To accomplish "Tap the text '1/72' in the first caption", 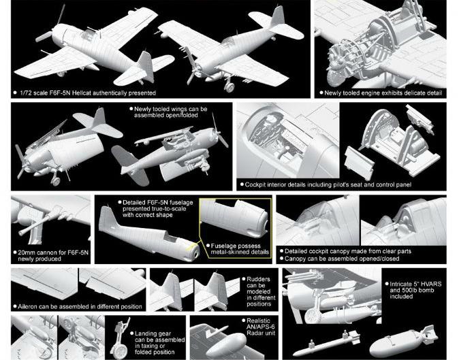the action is (25, 93).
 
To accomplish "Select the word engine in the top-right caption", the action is (371, 93).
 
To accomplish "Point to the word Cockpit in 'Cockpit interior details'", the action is (255, 185).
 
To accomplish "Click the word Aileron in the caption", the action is (28, 307).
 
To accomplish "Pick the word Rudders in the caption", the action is (259, 279).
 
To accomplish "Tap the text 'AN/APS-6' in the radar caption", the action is (261, 327).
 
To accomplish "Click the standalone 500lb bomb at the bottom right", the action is (403, 342).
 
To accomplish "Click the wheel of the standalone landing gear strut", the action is (119, 351).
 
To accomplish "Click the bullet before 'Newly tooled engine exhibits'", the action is (321, 93).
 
